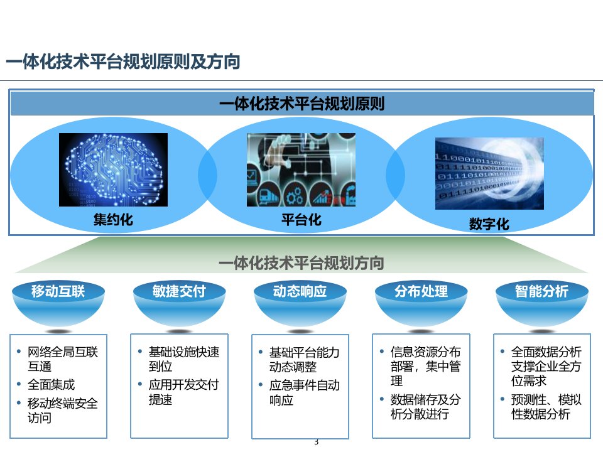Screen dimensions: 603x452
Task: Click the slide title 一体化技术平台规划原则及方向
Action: point(123,62)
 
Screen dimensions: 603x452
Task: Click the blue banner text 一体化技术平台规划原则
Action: point(302,104)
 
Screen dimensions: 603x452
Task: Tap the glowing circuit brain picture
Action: point(113,169)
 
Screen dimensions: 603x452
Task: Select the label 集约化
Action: point(113,220)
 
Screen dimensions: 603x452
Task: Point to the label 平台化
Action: point(301,220)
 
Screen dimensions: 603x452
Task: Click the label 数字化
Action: point(489,223)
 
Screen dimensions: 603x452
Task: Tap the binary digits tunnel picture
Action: point(489,173)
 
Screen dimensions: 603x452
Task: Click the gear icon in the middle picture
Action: point(295,195)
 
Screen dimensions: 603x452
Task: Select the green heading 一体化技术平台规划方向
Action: point(301,263)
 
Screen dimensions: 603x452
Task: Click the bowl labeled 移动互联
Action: point(58,303)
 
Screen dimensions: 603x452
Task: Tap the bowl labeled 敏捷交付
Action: point(179,303)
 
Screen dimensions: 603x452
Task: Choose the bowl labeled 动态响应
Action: point(300,303)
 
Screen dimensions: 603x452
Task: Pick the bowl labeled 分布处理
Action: point(421,303)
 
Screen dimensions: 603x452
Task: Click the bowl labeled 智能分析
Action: point(542,303)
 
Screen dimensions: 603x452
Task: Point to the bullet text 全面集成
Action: point(51,384)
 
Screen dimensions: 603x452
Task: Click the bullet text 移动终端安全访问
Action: point(62,411)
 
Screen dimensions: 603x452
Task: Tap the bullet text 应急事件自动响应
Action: point(304,392)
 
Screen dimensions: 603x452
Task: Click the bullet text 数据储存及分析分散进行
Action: point(425,407)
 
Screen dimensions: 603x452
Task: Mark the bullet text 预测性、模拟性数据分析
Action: point(546,407)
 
